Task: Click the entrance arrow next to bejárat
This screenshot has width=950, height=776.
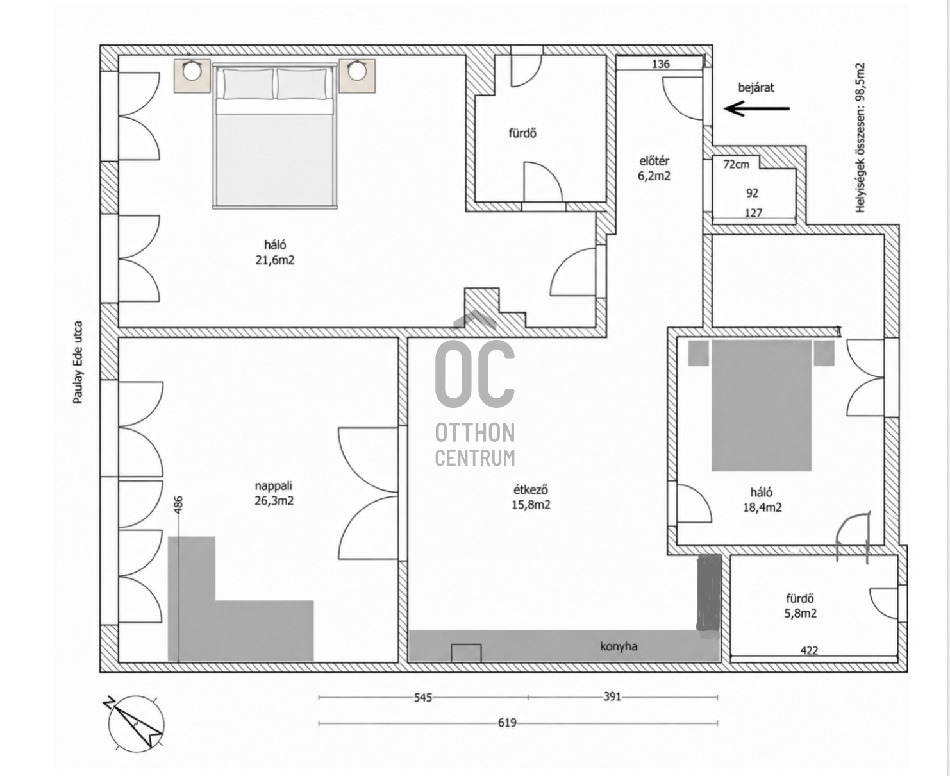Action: (x=756, y=108)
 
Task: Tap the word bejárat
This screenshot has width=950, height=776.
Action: (x=756, y=87)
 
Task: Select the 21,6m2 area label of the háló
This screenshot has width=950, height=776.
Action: (x=275, y=260)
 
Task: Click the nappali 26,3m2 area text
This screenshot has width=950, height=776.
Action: (x=274, y=493)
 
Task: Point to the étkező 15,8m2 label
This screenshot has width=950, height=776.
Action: (x=531, y=497)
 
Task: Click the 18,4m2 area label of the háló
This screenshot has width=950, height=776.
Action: (x=762, y=507)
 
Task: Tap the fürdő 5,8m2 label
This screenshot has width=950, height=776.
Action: (x=800, y=606)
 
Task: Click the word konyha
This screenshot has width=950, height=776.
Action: (x=619, y=646)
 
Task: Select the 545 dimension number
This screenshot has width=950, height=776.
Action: (x=423, y=698)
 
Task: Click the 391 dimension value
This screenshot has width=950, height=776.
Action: (x=612, y=696)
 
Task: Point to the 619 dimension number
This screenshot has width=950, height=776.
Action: (x=507, y=723)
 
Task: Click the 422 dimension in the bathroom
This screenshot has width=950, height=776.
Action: (x=809, y=650)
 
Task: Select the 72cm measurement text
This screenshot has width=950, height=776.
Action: (x=736, y=164)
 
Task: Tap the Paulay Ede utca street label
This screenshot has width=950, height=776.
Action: (x=78, y=362)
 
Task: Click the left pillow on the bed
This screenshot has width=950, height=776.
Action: (x=248, y=83)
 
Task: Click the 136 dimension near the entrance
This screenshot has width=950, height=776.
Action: (x=661, y=64)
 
